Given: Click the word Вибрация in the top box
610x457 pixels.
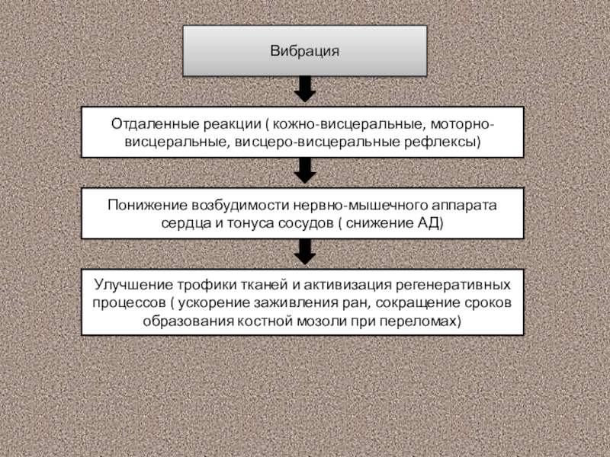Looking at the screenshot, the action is pyautogui.click(x=304, y=51).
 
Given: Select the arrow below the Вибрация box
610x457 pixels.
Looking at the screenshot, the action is pyautogui.click(x=304, y=90).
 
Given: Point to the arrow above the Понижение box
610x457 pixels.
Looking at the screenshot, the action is pyautogui.click(x=304, y=171).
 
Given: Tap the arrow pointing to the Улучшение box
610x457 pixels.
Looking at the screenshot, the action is pyautogui.click(x=304, y=251).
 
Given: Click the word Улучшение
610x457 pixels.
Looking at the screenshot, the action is pyautogui.click(x=130, y=285).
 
